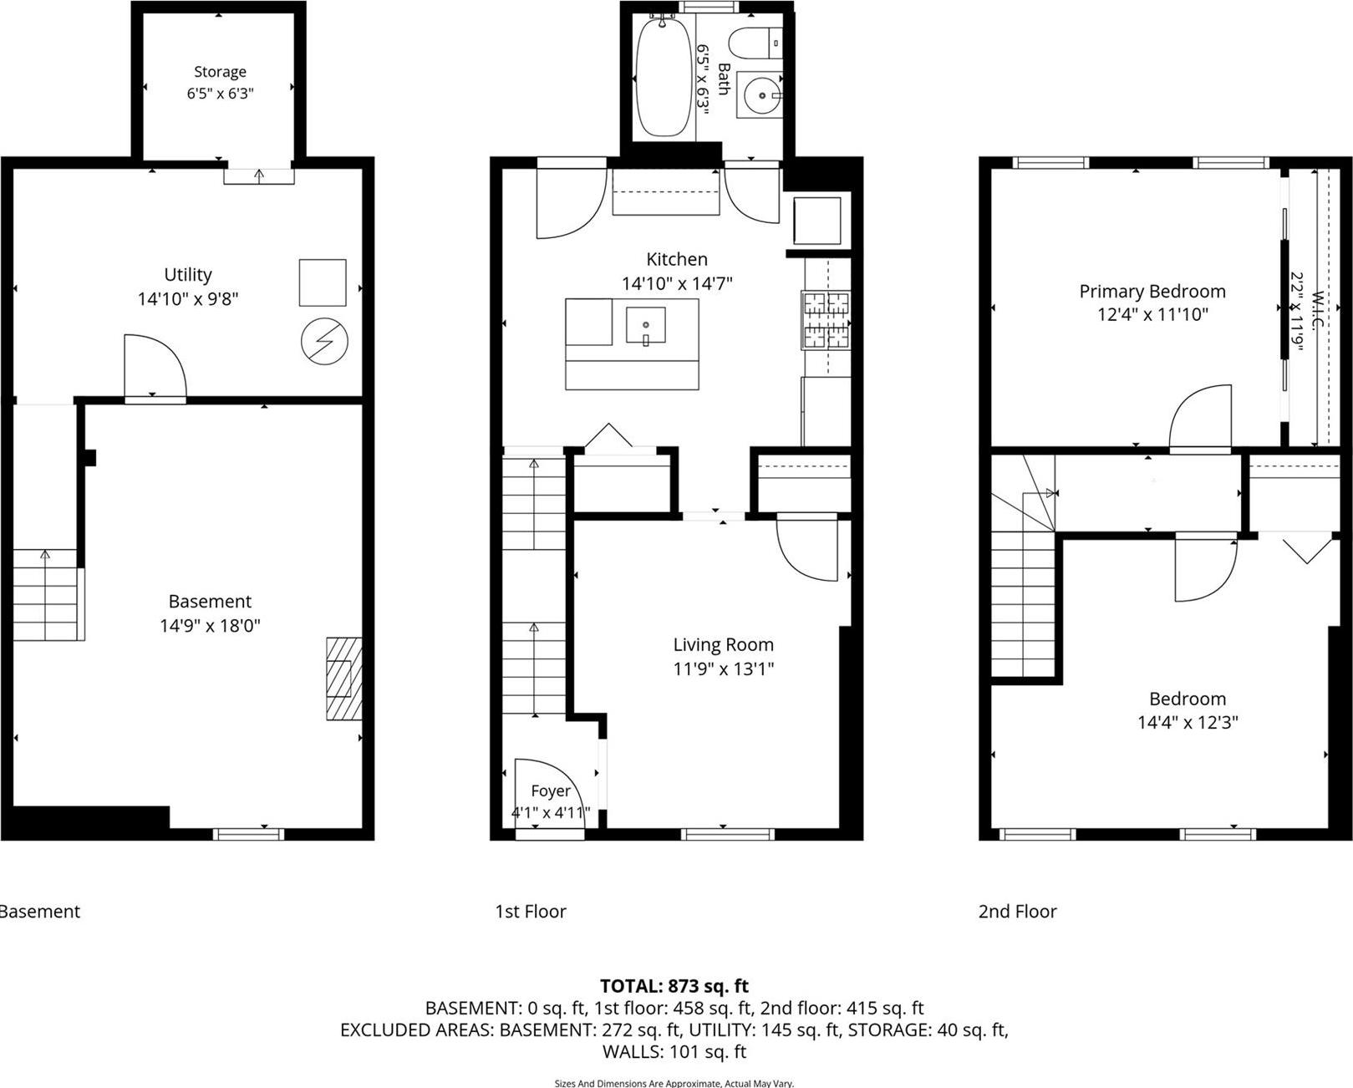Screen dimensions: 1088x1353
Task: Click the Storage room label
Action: tap(220, 72)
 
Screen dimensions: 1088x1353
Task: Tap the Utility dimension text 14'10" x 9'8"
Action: tap(188, 298)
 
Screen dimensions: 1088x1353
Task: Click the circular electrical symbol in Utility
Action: tap(324, 342)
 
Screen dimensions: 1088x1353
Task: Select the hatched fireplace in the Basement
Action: tap(343, 679)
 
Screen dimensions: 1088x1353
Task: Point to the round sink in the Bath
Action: tap(762, 96)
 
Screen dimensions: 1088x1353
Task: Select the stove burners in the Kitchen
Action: tap(826, 320)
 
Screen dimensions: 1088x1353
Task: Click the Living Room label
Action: tap(723, 644)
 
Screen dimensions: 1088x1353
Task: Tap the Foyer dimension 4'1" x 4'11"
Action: tap(551, 812)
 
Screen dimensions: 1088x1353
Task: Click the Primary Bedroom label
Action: tap(1152, 291)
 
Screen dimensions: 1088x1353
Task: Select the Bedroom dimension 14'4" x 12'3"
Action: tap(1187, 722)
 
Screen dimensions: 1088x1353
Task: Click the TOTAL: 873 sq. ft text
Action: tap(674, 986)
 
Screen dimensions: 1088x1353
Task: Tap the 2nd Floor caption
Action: tap(1017, 912)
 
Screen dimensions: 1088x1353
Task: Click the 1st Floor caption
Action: tap(530, 912)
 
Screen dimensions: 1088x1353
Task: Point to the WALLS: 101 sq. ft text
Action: tap(674, 1051)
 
